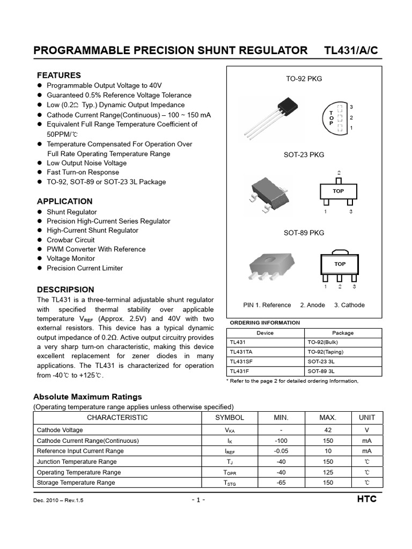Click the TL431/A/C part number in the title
[351, 50]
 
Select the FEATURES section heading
[58, 75]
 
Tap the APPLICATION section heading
[64, 202]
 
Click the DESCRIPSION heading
[65, 290]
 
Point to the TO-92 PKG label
[304, 79]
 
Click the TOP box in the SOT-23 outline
[338, 191]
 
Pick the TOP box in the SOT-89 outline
[340, 264]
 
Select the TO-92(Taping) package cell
[326, 352]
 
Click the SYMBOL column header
[230, 418]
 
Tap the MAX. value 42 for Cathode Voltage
[328, 430]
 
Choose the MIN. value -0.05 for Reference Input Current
[281, 451]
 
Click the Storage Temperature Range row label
[76, 483]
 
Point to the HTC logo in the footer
[366, 499]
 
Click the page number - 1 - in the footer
[198, 500]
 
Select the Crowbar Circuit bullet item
[70, 240]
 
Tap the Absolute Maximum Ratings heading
[87, 397]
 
